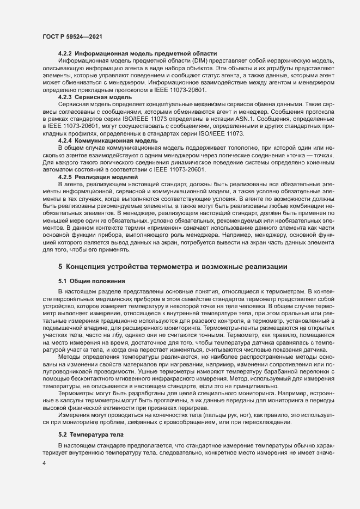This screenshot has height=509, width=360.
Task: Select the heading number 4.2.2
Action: pos(65,54)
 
